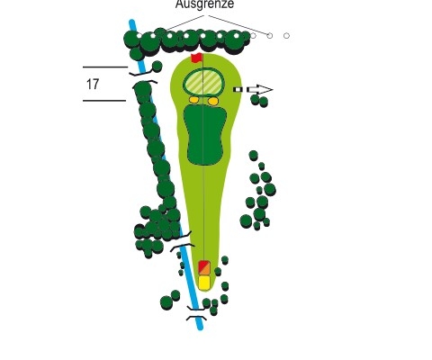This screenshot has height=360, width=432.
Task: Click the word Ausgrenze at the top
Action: click(204, 4)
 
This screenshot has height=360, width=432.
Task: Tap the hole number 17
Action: click(93, 85)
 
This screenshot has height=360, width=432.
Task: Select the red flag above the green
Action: click(196, 58)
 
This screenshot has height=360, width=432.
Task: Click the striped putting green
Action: click(203, 82)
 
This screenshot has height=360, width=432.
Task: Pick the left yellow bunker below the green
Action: click(193, 100)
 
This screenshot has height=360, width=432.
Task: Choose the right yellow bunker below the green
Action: click(213, 101)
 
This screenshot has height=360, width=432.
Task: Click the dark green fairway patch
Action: click(205, 135)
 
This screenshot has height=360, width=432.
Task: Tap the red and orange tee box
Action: click(204, 267)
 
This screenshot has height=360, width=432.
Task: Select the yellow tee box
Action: click(204, 283)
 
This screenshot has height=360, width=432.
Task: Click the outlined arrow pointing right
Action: click(259, 89)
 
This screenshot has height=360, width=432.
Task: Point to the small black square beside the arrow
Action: click(238, 89)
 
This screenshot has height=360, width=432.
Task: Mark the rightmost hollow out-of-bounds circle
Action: click(286, 36)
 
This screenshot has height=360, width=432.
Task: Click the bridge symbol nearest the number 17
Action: click(144, 77)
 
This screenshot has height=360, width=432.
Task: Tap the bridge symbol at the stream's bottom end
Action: click(196, 313)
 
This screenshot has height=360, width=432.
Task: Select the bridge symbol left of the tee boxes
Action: click(182, 240)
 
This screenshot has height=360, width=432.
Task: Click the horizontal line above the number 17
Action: click(105, 67)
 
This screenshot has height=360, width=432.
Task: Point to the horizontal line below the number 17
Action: click(104, 101)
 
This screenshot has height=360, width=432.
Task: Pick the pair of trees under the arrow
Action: click(259, 100)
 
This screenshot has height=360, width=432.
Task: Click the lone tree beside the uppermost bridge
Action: click(157, 67)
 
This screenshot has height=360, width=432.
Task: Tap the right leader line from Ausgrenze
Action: click(238, 25)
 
